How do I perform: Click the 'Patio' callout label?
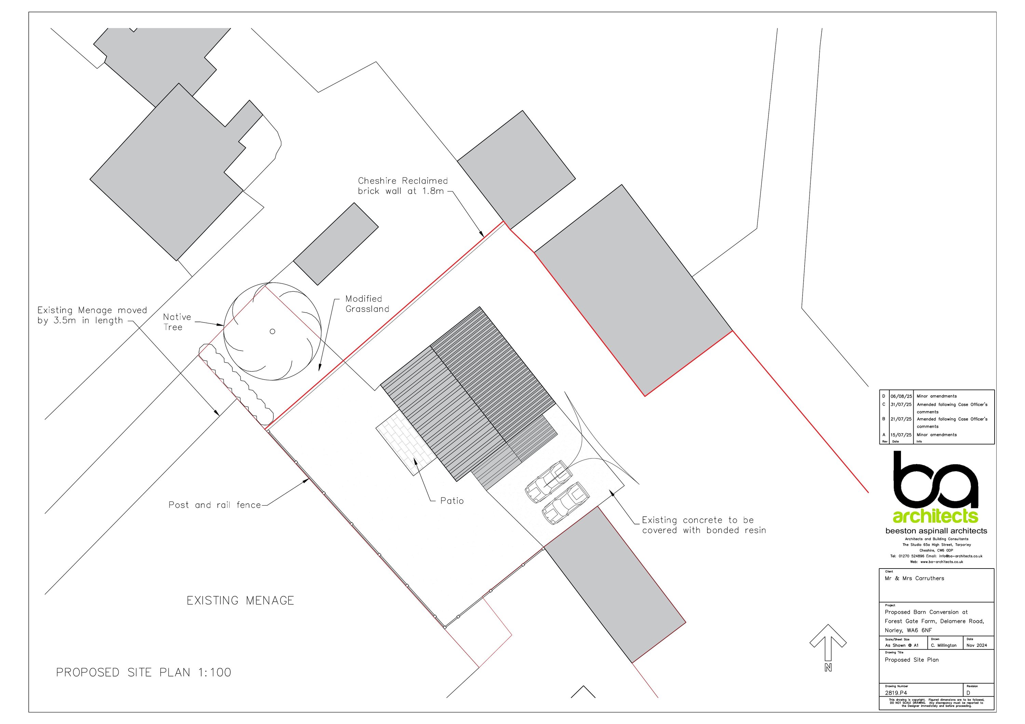pos(452,501)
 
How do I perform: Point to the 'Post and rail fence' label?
pos(215,505)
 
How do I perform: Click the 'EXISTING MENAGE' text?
pos(240,600)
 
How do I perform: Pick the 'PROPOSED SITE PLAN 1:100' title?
pos(144,672)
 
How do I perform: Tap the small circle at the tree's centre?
pos(272,331)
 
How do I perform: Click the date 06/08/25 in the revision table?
pos(901,396)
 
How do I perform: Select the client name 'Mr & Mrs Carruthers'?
pos(914,578)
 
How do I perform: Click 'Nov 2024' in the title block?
pos(977,645)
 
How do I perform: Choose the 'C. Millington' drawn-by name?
pos(944,645)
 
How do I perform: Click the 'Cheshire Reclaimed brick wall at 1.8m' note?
pos(403,186)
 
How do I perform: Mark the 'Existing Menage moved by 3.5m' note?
pos(92,315)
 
